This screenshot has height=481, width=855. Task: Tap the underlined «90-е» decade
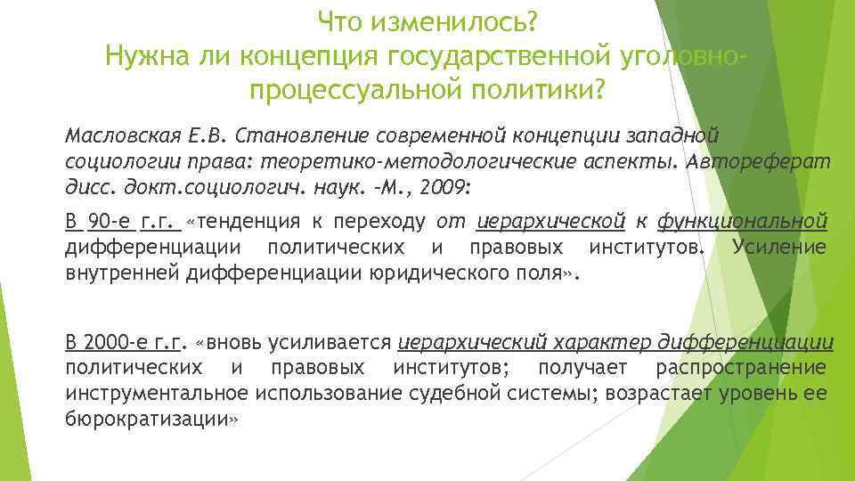point(110,222)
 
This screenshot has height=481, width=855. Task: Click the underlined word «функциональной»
point(743,222)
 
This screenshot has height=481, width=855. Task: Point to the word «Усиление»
point(778,247)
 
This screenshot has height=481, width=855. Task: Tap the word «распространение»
point(740,368)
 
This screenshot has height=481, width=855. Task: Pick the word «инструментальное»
point(155,393)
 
